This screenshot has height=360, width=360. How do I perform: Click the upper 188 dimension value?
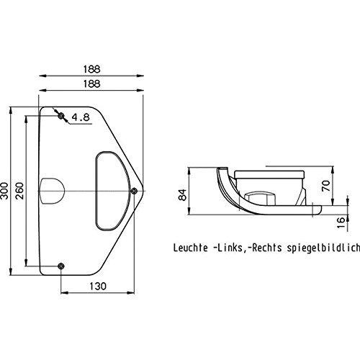click(91, 69)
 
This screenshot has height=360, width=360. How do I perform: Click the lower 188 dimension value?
click(91, 84)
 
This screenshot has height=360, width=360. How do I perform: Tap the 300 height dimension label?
click(4, 191)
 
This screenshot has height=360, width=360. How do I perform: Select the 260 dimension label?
click(19, 191)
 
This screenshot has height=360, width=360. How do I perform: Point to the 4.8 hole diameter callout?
click(81, 117)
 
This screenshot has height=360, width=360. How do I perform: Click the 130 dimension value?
click(98, 286)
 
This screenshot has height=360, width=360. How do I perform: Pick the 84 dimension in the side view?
click(183, 195)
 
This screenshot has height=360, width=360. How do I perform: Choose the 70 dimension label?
click(326, 186)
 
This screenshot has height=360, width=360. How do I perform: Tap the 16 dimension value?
click(341, 222)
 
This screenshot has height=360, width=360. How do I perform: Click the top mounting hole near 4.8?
click(61, 116)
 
